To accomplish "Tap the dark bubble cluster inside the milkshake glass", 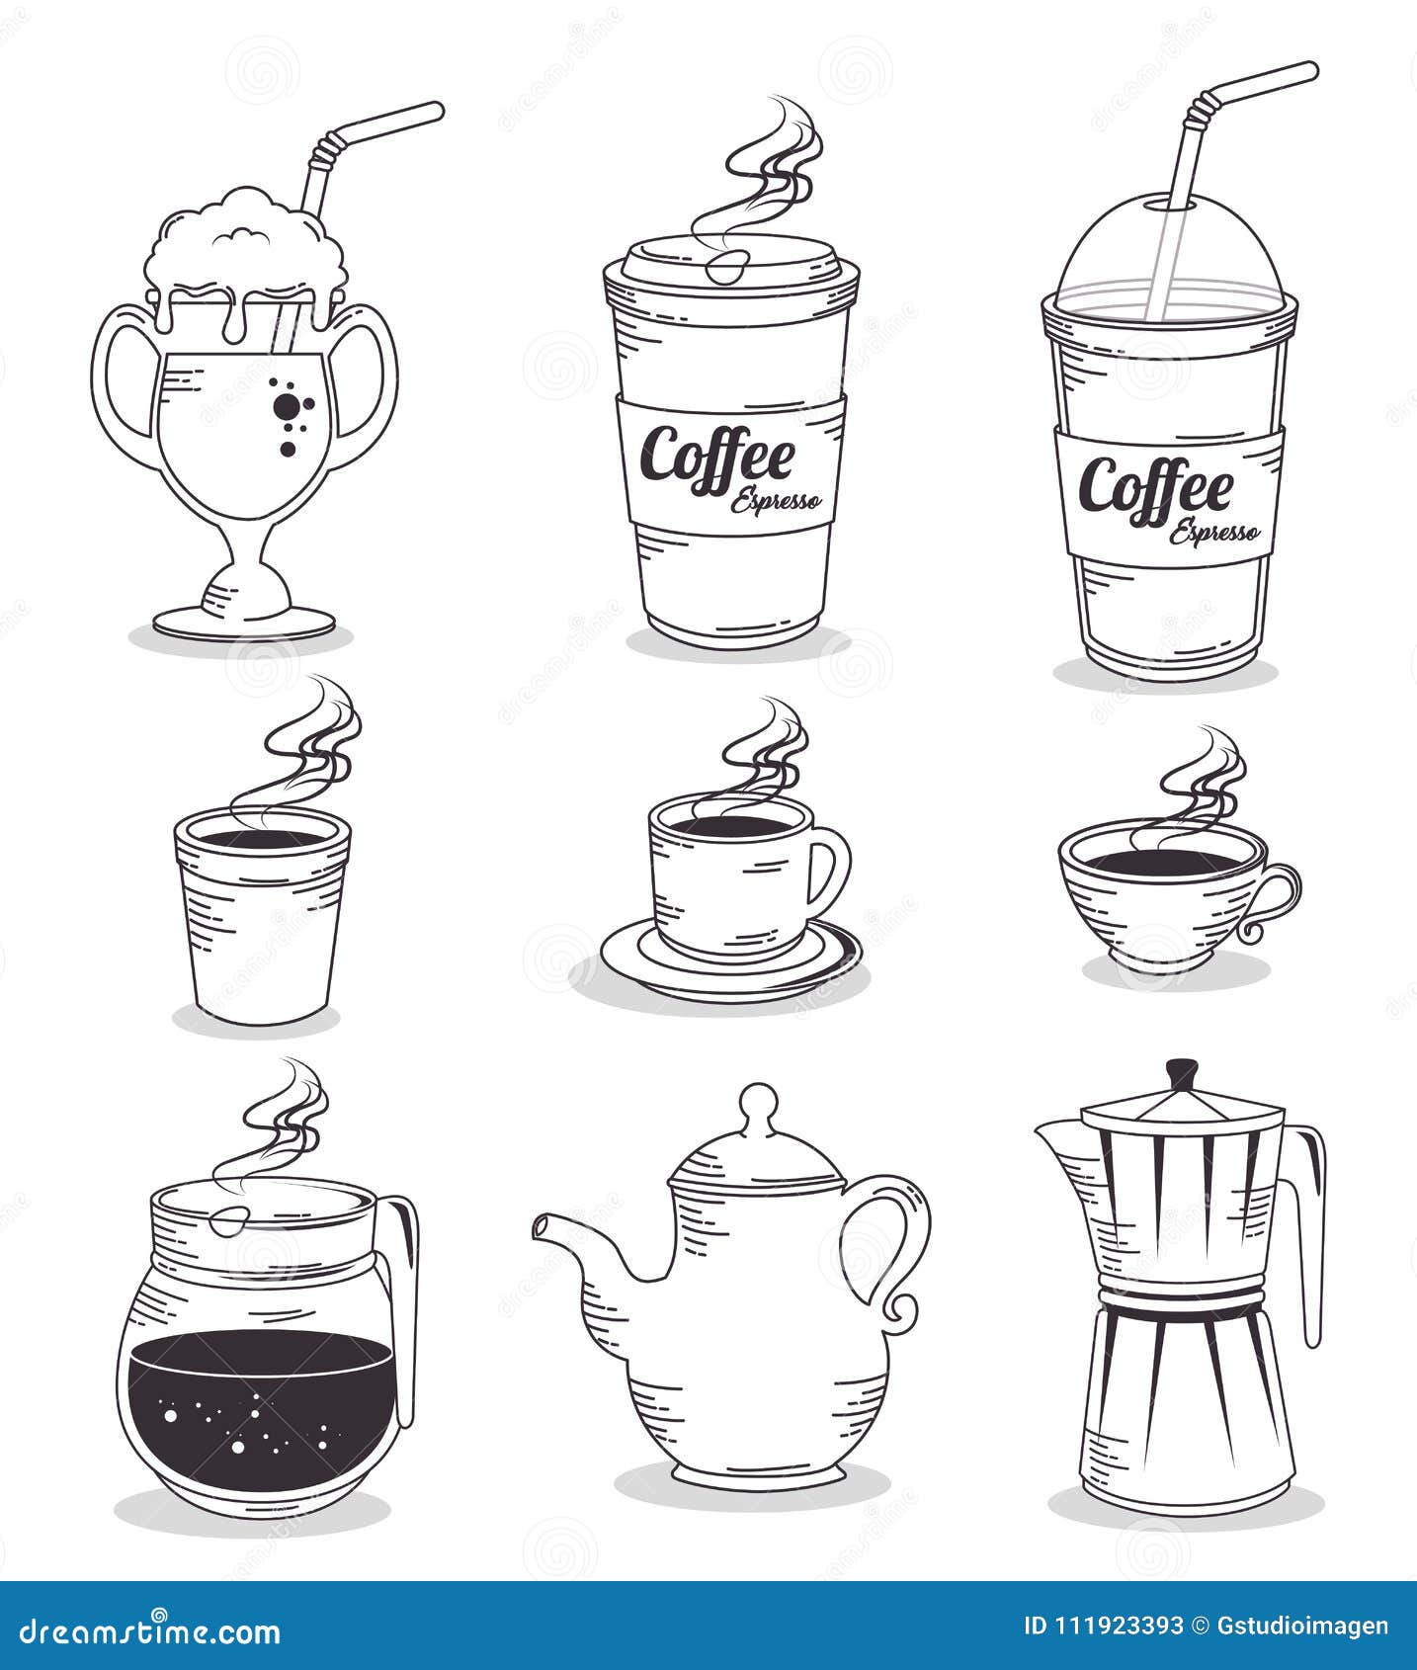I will pos(289,407).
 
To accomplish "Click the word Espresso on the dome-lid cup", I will pos(1214,532).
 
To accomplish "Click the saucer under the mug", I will pos(731,973).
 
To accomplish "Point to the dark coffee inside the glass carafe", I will pos(262,1403).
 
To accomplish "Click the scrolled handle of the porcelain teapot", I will pos(904,1245).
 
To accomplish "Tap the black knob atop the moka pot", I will pos(1181,1073).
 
